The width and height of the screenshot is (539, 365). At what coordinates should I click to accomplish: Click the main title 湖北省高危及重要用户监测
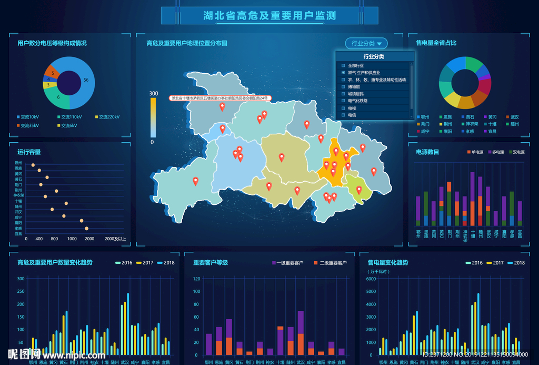tap(269, 16)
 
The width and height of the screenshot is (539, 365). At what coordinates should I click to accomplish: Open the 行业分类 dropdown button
tap(366, 44)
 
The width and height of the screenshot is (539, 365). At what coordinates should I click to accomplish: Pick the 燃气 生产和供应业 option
tap(364, 73)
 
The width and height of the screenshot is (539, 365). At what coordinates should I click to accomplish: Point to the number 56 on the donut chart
tap(86, 80)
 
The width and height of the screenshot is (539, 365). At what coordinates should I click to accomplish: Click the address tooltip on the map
tap(219, 98)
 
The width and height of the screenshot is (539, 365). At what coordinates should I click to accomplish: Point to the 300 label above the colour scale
tap(153, 94)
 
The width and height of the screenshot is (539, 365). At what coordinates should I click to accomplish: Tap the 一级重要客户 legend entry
tap(288, 263)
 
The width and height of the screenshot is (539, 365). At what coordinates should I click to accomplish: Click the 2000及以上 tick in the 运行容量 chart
tap(115, 239)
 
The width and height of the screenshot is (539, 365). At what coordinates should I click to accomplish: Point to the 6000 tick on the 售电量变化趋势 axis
tap(371, 279)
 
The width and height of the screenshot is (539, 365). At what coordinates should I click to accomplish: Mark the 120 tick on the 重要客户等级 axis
tap(196, 279)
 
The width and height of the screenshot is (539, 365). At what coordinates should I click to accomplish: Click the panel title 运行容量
tap(29, 152)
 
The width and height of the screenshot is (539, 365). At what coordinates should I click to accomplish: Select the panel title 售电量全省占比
tap(436, 43)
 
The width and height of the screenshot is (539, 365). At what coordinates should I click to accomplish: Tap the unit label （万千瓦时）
tap(378, 272)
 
